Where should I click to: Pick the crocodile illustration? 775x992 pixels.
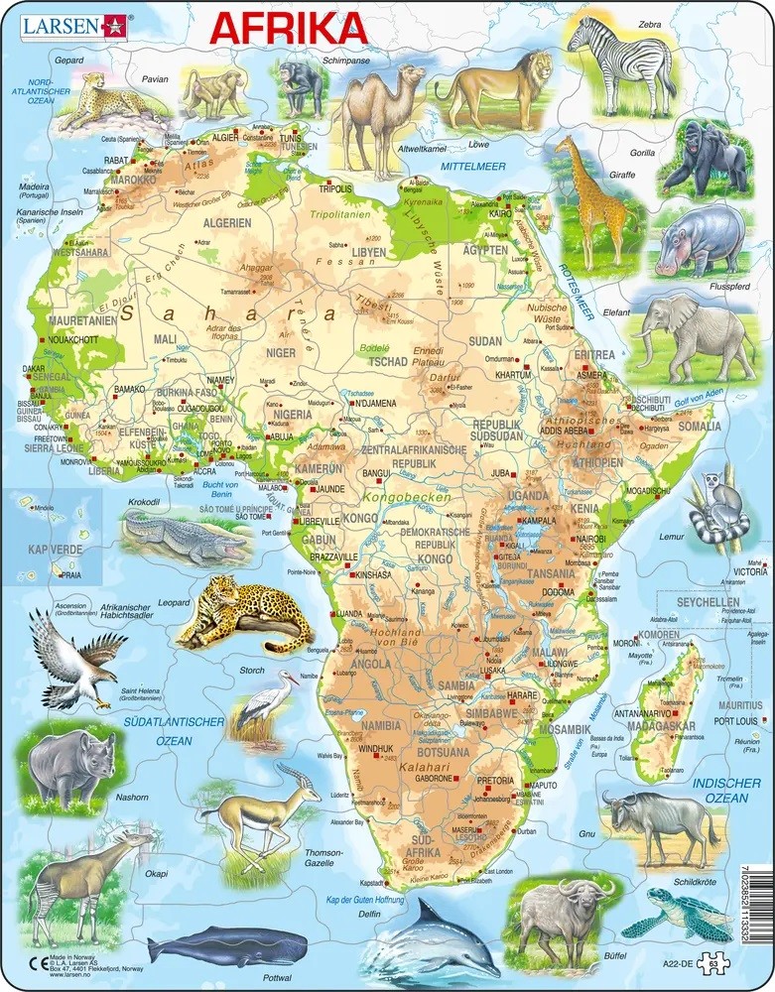[x=185, y=537]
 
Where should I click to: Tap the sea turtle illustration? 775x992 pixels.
[x=667, y=911]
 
